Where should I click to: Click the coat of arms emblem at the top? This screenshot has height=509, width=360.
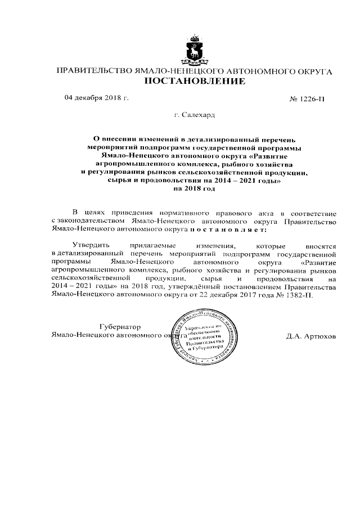[195, 51]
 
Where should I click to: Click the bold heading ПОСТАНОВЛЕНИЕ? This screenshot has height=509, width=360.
[195, 82]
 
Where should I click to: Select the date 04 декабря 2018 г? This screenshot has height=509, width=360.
[97, 98]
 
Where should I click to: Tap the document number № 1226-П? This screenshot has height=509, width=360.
[307, 100]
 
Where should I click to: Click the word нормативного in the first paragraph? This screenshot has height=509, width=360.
[182, 214]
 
